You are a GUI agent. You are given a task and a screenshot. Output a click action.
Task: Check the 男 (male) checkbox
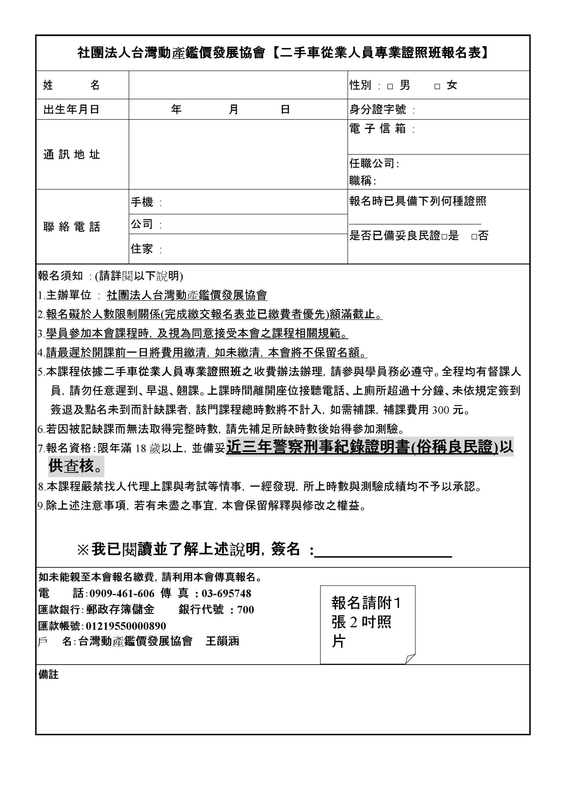point(390,86)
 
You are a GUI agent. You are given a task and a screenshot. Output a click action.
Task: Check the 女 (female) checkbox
point(437,86)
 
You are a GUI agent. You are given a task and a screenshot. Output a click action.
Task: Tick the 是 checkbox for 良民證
point(444,236)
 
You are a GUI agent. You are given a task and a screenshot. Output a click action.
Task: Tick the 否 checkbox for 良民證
point(474,236)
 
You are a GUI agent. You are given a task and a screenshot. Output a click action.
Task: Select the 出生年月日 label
point(71,110)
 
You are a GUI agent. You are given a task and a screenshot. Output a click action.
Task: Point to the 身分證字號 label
point(378,110)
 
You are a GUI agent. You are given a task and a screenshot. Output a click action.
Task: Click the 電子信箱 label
point(378,128)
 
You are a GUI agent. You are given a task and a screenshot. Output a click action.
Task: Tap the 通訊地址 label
point(72,155)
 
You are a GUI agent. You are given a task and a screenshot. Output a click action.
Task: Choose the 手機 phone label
point(142,202)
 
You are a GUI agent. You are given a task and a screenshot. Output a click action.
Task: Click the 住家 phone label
point(142,249)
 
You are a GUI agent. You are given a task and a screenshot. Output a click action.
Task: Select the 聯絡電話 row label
point(72,227)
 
